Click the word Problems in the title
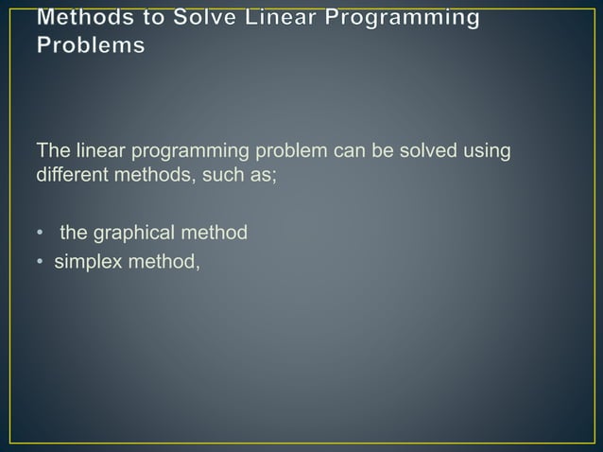pyautogui.click(x=92, y=46)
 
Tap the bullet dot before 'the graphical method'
pyautogui.click(x=40, y=233)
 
